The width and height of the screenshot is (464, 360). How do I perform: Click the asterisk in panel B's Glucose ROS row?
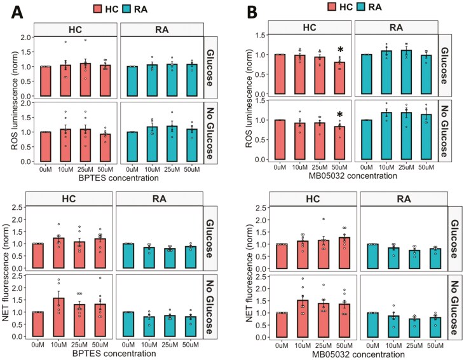pyautogui.click(x=341, y=51)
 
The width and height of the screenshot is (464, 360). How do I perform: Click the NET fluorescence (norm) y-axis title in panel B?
pyautogui.click(x=243, y=273)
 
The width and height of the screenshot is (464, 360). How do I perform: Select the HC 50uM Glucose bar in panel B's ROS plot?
pyautogui.click(x=341, y=79)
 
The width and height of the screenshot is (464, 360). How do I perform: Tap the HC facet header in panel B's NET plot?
pyautogui.click(x=312, y=199)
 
